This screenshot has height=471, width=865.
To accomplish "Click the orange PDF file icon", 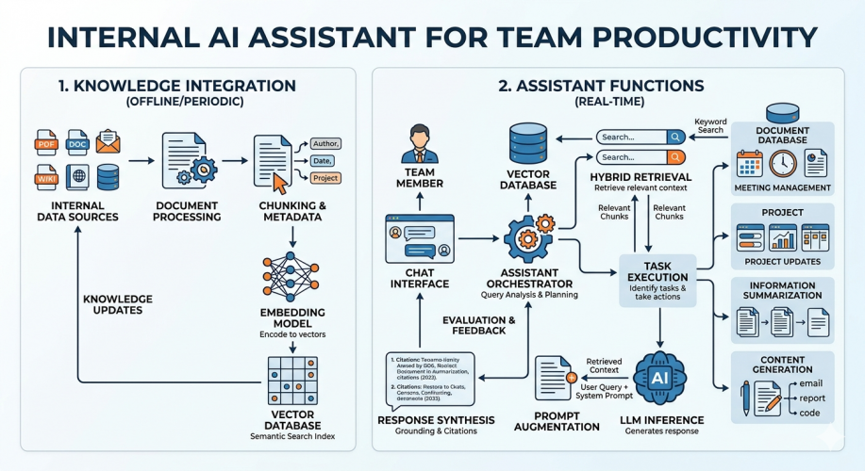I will click(x=46, y=146).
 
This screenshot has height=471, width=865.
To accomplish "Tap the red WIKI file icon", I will click(x=46, y=177).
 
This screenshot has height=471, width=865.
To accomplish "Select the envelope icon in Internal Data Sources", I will click(x=108, y=143).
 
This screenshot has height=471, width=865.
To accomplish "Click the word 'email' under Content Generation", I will click(x=810, y=383).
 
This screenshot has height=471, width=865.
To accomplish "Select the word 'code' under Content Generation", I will click(x=810, y=413).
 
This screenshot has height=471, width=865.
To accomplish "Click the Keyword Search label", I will click(x=709, y=124).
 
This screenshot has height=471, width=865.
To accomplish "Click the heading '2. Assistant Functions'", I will click(x=601, y=86).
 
